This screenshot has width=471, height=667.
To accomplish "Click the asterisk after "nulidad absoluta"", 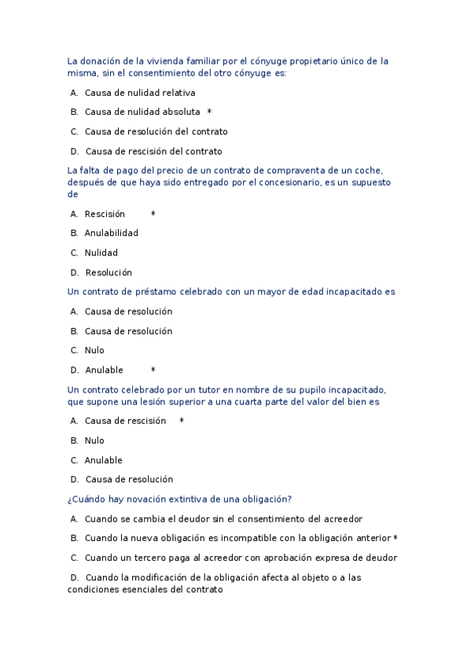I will [x=209, y=112].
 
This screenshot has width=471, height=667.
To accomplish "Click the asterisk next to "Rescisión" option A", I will [x=153, y=214].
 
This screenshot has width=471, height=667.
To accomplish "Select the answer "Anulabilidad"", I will [x=111, y=233].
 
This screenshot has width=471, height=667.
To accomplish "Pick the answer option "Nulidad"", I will [x=101, y=252].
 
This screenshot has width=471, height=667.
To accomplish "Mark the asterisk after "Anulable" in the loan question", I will [x=153, y=370].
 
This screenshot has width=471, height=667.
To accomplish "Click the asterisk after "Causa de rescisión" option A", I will [x=182, y=421].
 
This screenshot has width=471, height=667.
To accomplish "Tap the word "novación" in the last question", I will [x=158, y=499].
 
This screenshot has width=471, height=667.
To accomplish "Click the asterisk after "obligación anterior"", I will [x=396, y=538].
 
